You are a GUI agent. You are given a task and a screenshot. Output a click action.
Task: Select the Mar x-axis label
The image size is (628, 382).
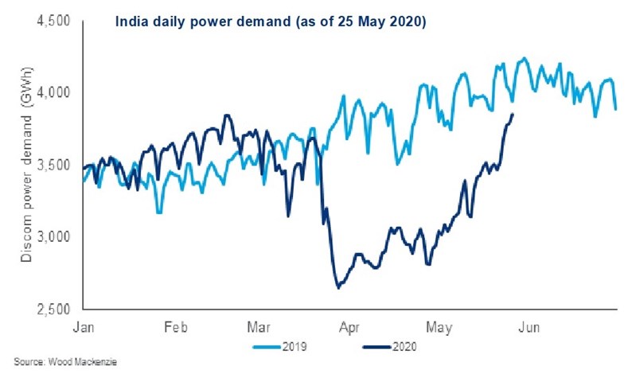coord(259,326)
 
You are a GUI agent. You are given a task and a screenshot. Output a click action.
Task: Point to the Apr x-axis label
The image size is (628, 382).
coord(348,326)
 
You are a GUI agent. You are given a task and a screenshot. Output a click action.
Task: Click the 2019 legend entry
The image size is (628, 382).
coord(279,347)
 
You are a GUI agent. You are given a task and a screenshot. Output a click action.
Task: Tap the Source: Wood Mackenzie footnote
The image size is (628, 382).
coord(54,363)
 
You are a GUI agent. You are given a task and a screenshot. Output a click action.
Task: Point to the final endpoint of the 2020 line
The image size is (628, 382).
coord(513,115)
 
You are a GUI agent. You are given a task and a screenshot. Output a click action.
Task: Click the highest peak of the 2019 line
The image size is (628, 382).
coord(523,58)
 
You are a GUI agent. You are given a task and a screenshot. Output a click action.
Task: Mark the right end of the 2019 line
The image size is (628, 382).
coord(615,109)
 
